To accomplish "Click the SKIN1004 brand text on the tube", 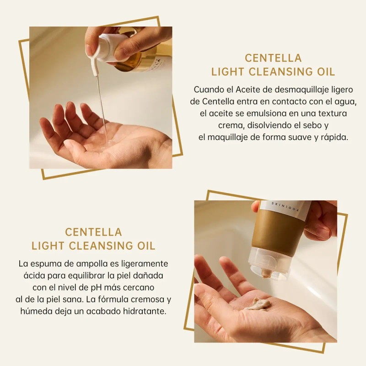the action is click(285, 207).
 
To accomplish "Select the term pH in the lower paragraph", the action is click(96, 288).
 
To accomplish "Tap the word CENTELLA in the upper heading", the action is click(273, 58).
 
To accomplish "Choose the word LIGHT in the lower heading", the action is click(48, 246).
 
